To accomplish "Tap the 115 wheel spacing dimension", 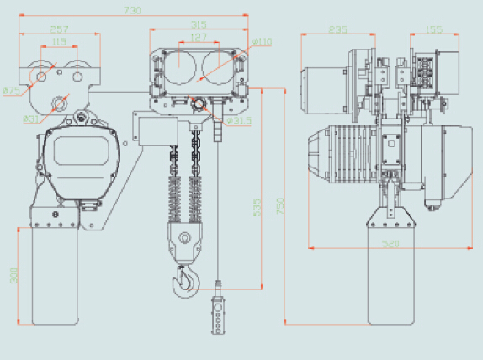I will tap(59, 41).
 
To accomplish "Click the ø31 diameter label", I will tap(30, 118).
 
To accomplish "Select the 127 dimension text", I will tap(199, 37).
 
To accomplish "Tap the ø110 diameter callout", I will tap(262, 41).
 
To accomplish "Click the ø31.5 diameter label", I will tap(240, 120).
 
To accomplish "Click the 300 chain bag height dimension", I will tap(13, 275).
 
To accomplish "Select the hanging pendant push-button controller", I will tap(218, 315).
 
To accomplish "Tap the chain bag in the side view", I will tap(390, 273).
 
